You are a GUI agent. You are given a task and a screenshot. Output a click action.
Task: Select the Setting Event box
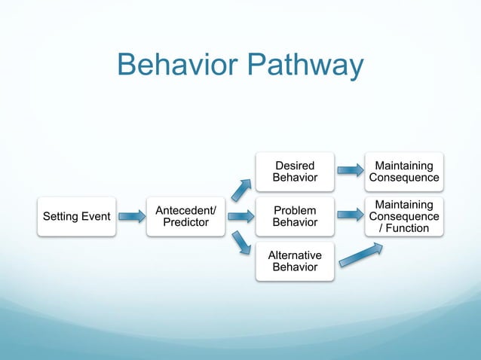pyautogui.click(x=76, y=217)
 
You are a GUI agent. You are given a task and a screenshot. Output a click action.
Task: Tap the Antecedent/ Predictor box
pyautogui.click(x=185, y=216)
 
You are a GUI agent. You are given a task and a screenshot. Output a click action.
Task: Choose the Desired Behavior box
pyautogui.click(x=295, y=171)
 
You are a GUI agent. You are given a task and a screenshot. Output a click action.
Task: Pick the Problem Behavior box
pyautogui.click(x=295, y=216)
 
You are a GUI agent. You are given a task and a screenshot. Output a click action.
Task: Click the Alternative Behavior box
pyautogui.click(x=295, y=261)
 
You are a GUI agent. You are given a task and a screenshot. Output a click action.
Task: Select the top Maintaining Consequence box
pyautogui.click(x=404, y=171)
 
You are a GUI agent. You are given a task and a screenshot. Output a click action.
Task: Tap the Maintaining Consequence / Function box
pyautogui.click(x=404, y=216)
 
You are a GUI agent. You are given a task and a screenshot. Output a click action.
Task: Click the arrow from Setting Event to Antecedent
pyautogui.click(x=132, y=217)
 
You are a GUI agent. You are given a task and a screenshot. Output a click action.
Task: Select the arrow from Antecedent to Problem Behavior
pyautogui.click(x=240, y=217)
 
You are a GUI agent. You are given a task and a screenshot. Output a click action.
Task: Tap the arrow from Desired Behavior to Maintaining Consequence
pyautogui.click(x=350, y=171)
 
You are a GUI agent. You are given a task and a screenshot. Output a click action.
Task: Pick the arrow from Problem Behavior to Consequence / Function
pyautogui.click(x=350, y=216)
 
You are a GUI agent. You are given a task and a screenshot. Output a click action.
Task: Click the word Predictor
pyautogui.click(x=185, y=222)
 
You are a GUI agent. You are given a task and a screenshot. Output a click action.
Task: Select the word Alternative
pyautogui.click(x=295, y=255)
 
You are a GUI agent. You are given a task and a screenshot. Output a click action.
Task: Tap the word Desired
pyautogui.click(x=295, y=165)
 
